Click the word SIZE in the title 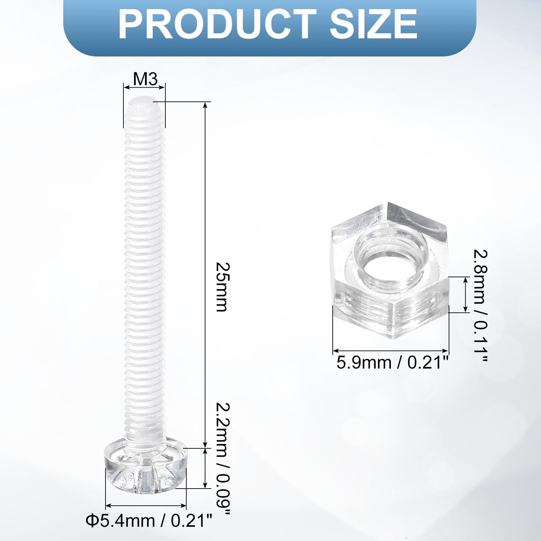coord(373,24)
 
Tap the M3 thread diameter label coord(145,79)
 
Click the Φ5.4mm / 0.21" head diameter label coord(149,530)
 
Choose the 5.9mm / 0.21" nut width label coord(392,363)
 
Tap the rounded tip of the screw coord(144,103)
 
